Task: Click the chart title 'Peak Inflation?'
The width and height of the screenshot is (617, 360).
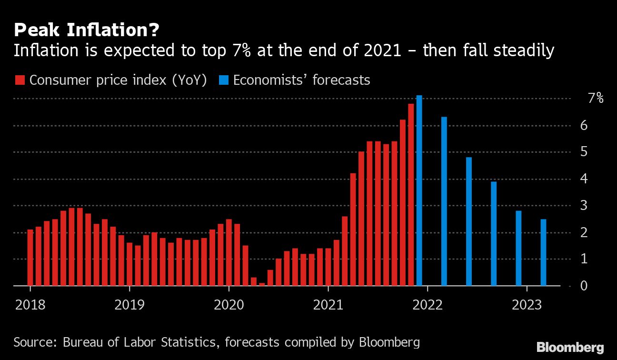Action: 86,30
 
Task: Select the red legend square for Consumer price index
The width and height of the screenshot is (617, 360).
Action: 20,80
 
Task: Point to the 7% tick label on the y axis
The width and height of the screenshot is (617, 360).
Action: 596,99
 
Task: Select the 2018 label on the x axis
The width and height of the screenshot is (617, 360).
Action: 30,305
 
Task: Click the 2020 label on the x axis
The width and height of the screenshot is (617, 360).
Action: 229,305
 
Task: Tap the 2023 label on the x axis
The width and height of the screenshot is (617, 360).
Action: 527,305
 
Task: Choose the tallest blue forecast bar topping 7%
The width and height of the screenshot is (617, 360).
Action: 419,190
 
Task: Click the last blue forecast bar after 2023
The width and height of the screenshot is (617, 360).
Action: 543,252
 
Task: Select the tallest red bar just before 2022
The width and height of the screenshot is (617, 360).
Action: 411,195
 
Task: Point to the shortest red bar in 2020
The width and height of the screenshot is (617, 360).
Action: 262,284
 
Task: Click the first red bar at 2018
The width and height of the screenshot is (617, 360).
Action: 30,258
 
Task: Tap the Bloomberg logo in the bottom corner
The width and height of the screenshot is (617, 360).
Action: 570,347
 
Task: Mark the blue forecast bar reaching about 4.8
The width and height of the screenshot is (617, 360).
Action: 469,221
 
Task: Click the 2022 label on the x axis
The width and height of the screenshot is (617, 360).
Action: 428,305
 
